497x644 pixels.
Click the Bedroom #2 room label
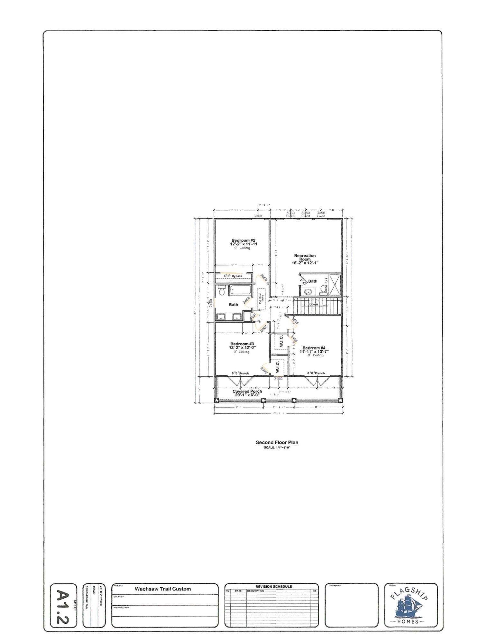tap(244, 241)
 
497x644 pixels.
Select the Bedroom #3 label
tap(242, 344)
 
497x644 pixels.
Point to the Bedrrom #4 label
tap(314, 348)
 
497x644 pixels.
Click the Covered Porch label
tap(247, 392)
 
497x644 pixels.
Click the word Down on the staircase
tap(313, 304)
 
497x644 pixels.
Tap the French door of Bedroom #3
tap(240, 381)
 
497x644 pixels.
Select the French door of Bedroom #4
tap(316, 381)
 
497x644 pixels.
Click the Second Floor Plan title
tap(277, 442)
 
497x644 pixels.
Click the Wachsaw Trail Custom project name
tap(162, 589)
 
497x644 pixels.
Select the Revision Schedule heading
tap(273, 587)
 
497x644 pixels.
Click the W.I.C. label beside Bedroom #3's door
tap(277, 366)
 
